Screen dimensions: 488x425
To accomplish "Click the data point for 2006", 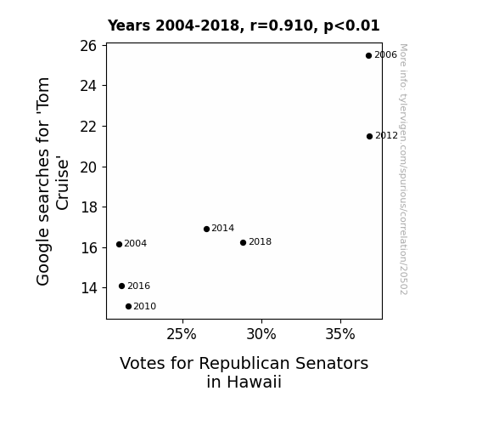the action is tap(368, 56).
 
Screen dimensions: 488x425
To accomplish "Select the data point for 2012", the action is tap(369, 136).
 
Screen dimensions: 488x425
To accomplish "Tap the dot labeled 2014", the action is tap(206, 229).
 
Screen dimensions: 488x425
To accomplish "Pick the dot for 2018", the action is tap(243, 242).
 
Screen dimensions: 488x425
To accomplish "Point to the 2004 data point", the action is tap(119, 245).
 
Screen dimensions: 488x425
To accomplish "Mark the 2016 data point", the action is tap(121, 286).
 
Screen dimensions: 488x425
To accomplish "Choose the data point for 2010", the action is tap(128, 307).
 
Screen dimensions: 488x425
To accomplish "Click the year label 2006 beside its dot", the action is tap(385, 55).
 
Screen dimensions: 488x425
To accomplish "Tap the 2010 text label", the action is tap(145, 307).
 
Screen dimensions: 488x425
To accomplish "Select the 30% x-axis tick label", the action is tap(261, 334).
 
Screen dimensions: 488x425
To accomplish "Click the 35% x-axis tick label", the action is tap(340, 334).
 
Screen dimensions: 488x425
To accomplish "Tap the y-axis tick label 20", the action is tap(89, 167).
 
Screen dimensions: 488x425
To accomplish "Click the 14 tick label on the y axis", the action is tap(89, 288).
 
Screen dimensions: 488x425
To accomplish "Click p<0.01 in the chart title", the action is tap(351, 26).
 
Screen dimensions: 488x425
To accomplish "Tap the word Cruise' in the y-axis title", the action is tap(62, 184).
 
